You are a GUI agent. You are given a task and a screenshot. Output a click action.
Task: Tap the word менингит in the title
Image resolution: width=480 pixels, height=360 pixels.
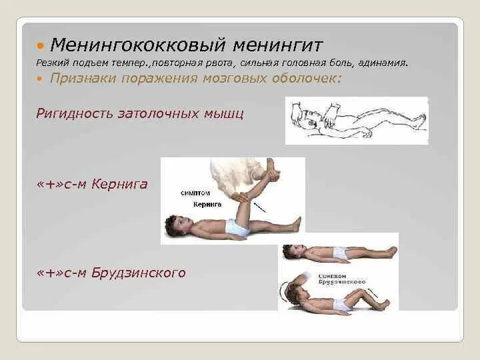point(278,45)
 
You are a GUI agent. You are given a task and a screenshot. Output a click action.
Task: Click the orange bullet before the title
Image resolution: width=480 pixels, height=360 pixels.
point(41,46)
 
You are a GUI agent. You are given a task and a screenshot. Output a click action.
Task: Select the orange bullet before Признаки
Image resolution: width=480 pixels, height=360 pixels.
point(41,79)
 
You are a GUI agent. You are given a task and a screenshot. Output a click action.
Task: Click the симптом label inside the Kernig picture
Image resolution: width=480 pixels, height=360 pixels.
point(193,193)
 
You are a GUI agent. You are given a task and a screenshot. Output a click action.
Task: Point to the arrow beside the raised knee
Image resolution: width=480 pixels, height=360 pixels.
point(262,206)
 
